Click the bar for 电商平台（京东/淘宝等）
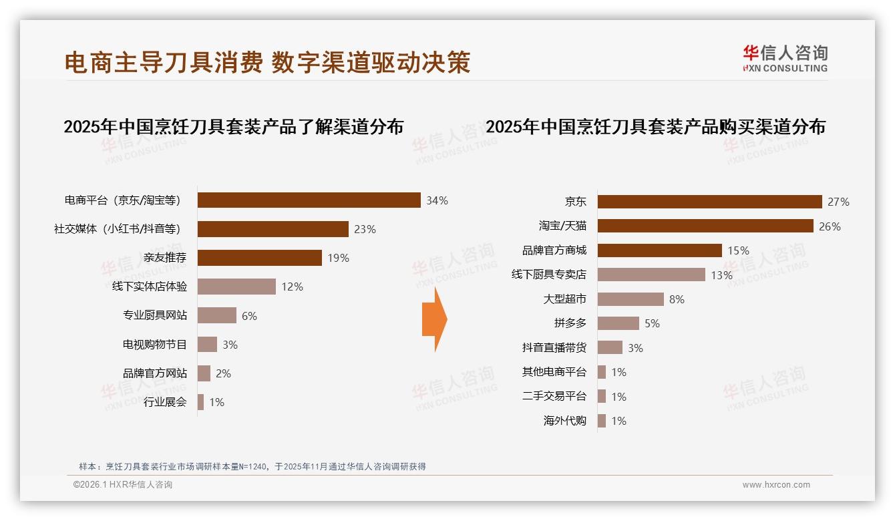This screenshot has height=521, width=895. (309, 200)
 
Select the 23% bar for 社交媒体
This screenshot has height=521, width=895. (273, 229)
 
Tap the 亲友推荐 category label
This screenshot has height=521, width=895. (165, 258)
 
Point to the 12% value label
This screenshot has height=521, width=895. (292, 287)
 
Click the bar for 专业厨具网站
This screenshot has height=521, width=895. (217, 315)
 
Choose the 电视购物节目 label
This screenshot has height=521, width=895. (154, 345)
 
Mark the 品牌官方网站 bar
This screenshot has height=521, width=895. (204, 373)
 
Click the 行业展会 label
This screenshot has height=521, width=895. (165, 402)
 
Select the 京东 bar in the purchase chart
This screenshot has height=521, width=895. (709, 202)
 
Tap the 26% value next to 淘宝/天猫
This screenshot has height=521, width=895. (830, 226)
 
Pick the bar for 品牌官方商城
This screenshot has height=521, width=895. (659, 250)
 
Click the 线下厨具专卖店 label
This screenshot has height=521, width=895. (548, 275)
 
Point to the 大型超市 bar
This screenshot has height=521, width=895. (630, 299)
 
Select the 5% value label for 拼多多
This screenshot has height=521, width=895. (652, 323)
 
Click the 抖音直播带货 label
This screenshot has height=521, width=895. (554, 347)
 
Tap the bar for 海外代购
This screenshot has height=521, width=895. (602, 421)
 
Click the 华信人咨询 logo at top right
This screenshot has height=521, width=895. (785, 57)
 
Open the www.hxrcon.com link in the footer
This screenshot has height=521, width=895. (776, 485)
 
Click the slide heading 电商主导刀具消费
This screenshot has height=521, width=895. (164, 62)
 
